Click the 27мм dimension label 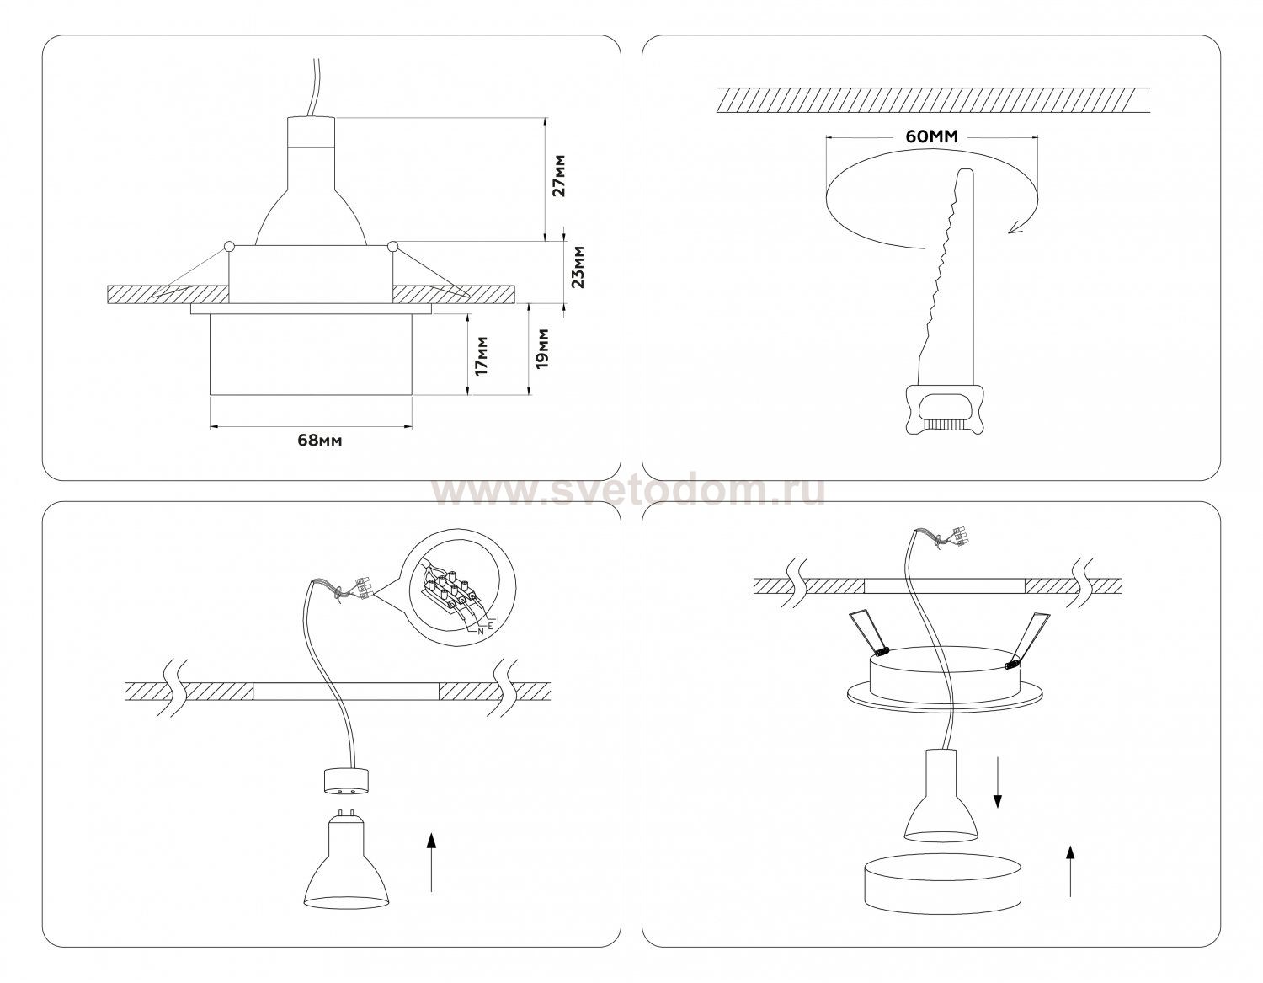(559, 175)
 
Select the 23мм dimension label (577, 267)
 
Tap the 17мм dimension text (482, 355)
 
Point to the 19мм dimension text (541, 349)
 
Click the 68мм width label (320, 441)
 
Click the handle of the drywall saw (945, 410)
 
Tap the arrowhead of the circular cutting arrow (1016, 227)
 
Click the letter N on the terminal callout (481, 631)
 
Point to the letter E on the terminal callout (491, 626)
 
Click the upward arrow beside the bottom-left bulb (431, 870)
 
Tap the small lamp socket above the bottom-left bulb (346, 781)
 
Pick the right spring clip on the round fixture (1028, 638)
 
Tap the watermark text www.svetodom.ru (629, 491)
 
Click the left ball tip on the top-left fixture (228, 246)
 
